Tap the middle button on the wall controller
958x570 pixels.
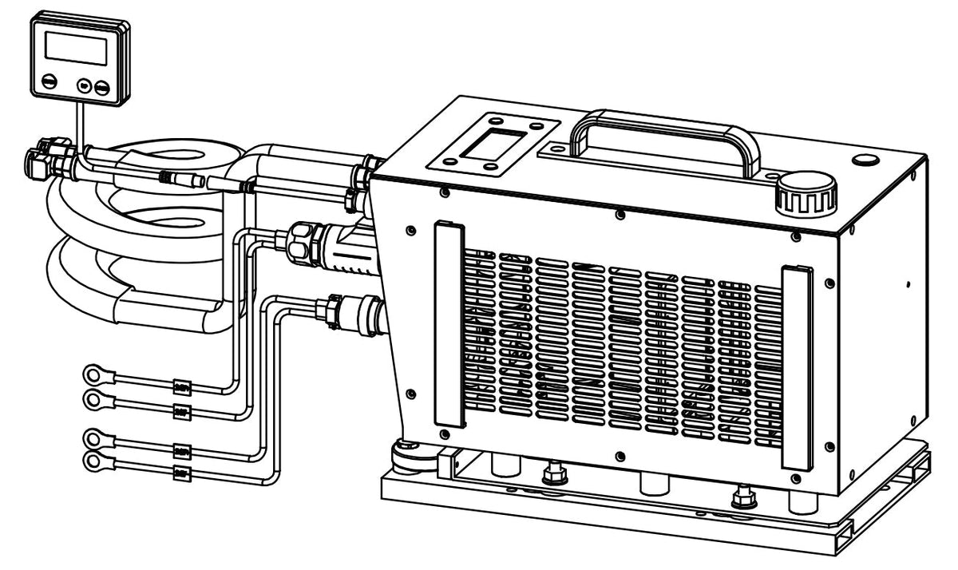click(84, 85)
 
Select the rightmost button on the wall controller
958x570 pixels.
click(101, 87)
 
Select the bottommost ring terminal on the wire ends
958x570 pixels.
click(96, 461)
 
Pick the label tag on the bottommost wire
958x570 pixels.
click(180, 475)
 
